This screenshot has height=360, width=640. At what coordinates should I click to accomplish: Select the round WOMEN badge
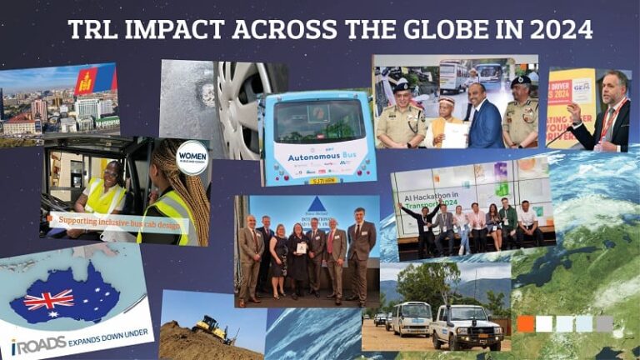tap(192, 157)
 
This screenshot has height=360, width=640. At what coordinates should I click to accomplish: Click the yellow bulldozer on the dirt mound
tap(212, 330)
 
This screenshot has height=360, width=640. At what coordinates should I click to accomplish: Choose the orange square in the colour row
tap(525, 323)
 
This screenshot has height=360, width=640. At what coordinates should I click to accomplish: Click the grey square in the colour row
tap(604, 323)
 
